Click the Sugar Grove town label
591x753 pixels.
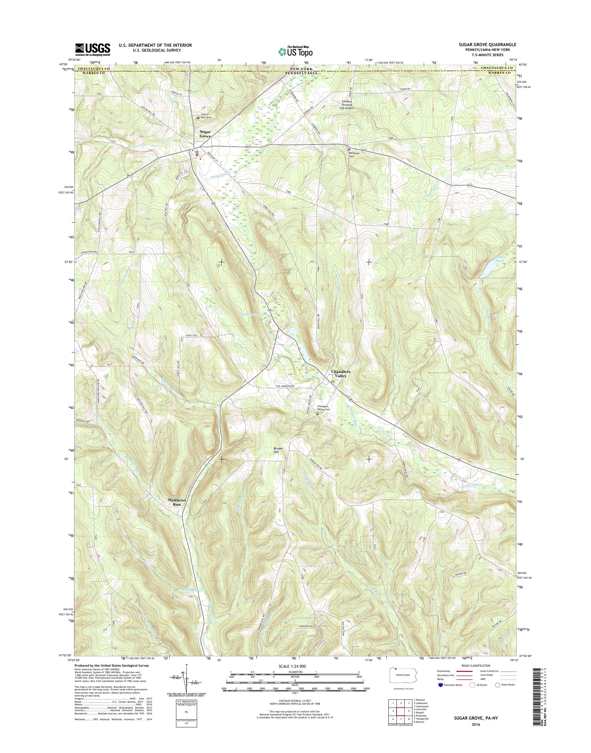pos(205,134)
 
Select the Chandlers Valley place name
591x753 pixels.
pos(341,374)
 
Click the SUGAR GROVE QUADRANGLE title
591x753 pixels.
pos(489,44)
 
